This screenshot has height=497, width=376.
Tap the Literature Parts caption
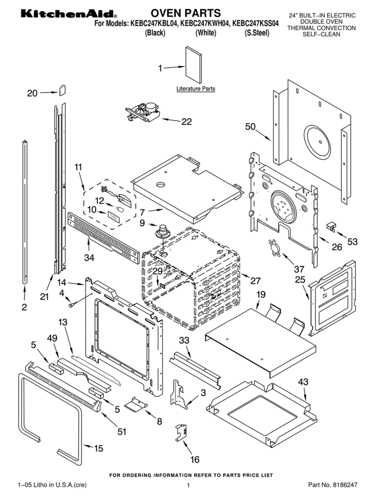195,89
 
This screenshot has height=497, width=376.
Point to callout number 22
186,122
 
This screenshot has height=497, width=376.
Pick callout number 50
251,126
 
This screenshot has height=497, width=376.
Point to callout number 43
303,382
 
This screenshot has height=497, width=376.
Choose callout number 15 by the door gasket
99,449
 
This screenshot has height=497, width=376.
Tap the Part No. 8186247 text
332,485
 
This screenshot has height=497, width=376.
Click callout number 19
261,294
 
